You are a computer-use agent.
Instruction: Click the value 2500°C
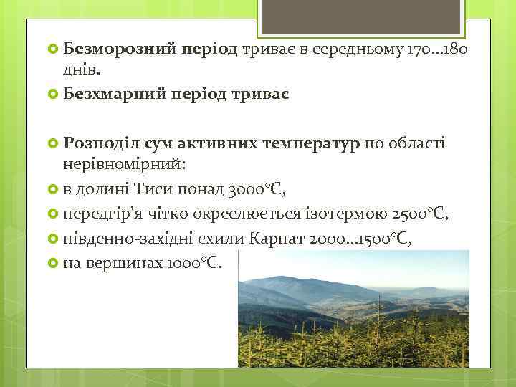coord(421,214)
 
